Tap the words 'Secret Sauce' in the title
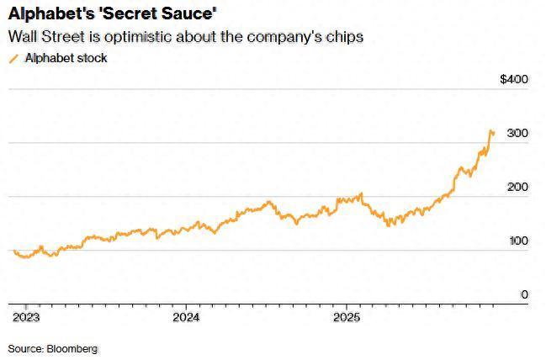155,14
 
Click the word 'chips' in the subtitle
346,38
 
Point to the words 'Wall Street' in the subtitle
43,38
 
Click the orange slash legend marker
12,58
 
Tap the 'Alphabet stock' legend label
66,58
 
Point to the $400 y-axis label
513,80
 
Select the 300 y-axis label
517,134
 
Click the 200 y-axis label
517,187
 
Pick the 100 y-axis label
517,241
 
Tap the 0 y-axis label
524,294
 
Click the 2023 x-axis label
25,317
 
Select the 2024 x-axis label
186,317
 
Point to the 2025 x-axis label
347,317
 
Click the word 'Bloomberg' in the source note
72,347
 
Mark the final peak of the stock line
491,130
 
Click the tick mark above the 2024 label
186,306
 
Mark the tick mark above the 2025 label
347,306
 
